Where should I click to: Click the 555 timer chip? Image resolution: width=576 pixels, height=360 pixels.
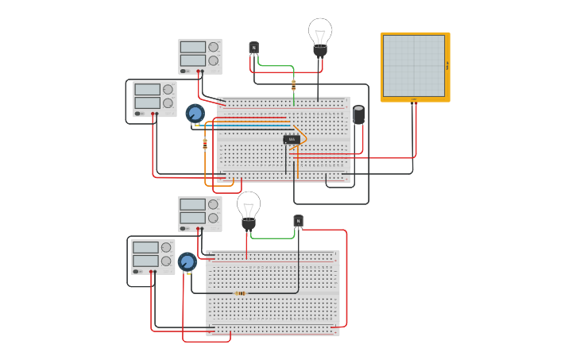tap(292, 140)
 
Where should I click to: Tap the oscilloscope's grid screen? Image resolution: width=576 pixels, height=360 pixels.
tap(414, 65)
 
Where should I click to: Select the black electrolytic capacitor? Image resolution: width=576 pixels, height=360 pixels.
tap(359, 115)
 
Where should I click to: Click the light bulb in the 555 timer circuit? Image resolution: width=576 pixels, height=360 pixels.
tap(319, 37)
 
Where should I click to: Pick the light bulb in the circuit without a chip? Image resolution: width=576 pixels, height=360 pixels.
tap(249, 209)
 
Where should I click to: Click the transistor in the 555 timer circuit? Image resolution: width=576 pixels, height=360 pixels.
tap(253, 48)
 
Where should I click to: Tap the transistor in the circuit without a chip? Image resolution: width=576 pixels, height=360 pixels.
tap(298, 221)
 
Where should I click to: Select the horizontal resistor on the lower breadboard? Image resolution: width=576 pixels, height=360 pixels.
tap(241, 293)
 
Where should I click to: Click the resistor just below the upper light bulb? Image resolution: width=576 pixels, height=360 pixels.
tap(293, 85)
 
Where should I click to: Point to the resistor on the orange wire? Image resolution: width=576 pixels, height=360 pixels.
tap(205, 144)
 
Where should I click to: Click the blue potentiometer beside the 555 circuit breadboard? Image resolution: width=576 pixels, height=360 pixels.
tap(195, 113)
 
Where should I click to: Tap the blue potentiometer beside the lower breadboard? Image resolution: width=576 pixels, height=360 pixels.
tap(187, 261)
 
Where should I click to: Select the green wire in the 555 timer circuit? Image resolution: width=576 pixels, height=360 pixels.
tap(275, 66)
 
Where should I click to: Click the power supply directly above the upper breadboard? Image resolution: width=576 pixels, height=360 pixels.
tap(200, 56)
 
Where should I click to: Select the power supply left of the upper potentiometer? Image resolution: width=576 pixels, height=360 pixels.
tap(155, 99)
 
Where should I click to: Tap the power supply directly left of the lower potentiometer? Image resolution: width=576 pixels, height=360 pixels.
tap(153, 257)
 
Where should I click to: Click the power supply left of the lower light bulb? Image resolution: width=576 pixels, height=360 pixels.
tap(200, 214)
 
